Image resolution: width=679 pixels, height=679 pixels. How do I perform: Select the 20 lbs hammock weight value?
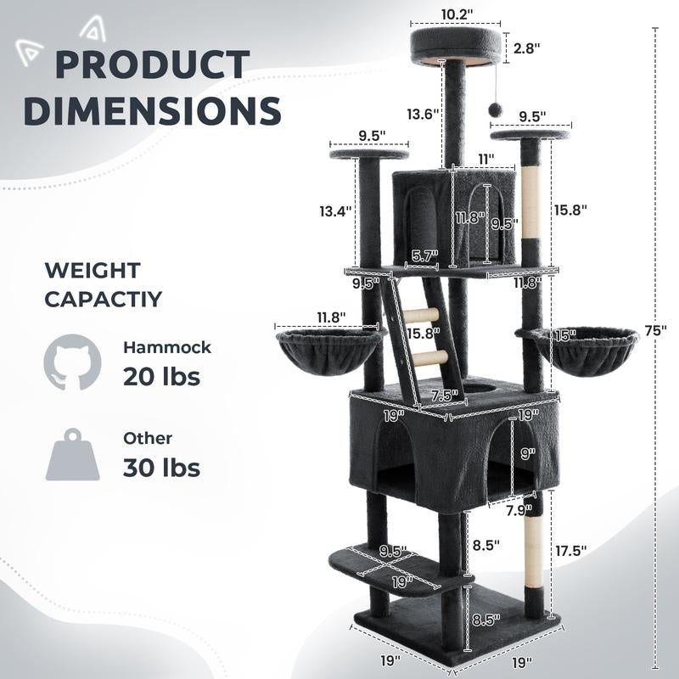161,376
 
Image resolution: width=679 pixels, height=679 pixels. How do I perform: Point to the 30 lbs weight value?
161,467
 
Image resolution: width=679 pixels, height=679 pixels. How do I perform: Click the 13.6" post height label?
421,113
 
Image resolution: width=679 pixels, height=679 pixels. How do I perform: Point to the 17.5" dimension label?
571,550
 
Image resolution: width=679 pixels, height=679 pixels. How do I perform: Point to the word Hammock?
167,347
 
